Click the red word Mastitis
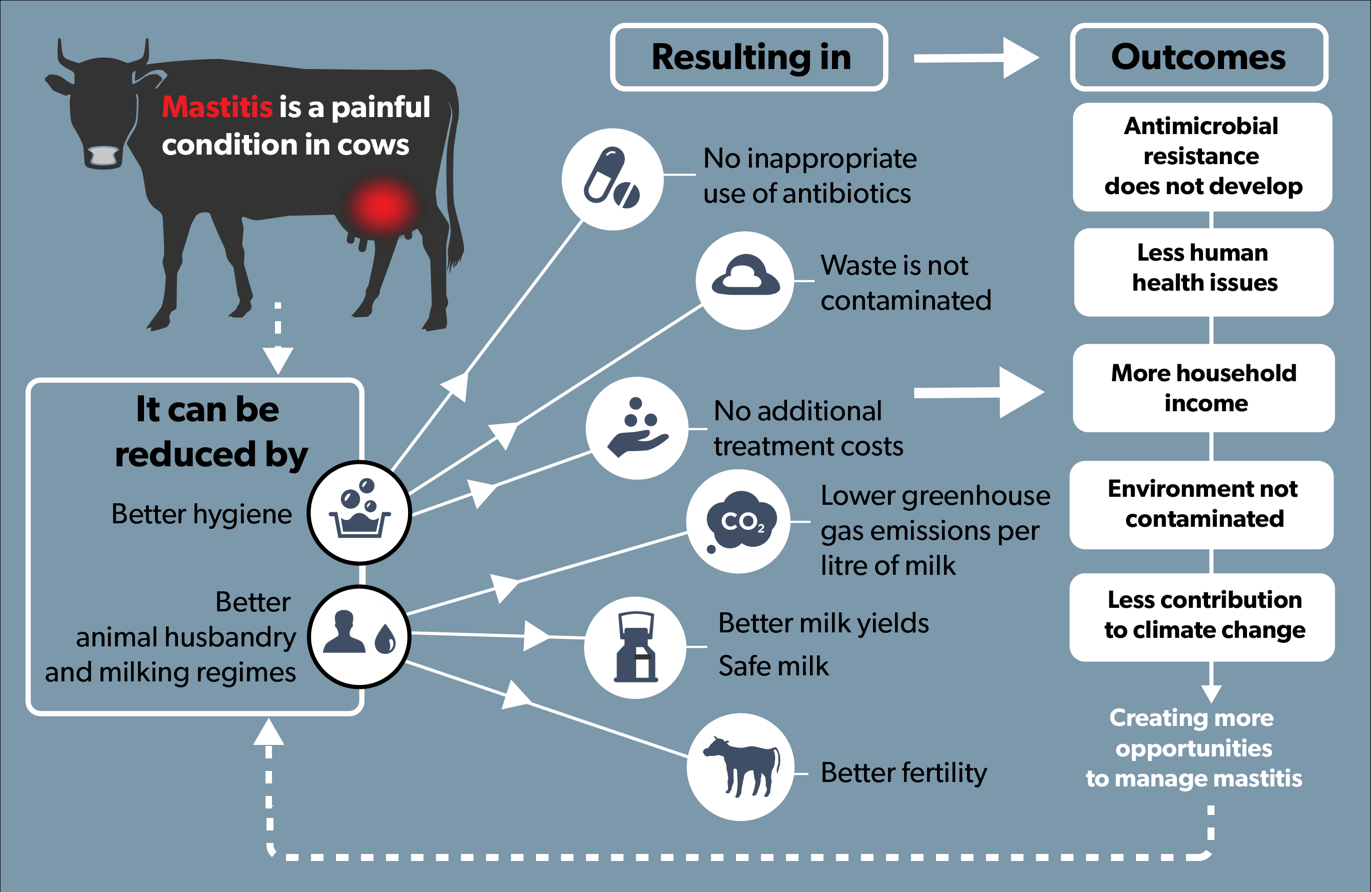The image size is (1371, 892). pos(216,107)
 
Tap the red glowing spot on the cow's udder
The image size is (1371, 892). pos(382,206)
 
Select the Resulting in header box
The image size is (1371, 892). pos(749,57)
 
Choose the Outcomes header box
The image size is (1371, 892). pos(1199,57)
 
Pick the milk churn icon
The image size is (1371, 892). pos(635,648)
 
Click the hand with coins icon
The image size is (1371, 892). pos(636,428)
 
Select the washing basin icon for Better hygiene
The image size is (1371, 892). pos(359,512)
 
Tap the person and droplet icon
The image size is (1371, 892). pos(359,636)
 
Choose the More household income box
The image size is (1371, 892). pos(1204,388)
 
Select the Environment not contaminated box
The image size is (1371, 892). pos(1202,504)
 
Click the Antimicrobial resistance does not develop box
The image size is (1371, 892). pos(1202,157)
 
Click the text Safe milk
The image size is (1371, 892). pos(773,666)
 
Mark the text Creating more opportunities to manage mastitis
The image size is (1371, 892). pos(1193,748)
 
